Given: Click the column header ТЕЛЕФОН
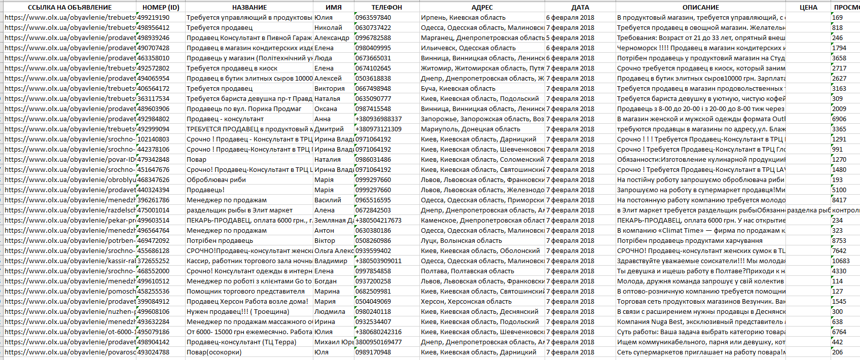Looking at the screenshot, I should [386, 7].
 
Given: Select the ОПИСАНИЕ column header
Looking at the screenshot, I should [700, 7].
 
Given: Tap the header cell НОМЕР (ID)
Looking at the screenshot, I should [161, 7].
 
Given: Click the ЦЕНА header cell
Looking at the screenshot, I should [808, 7].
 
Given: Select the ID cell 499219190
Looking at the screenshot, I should [154, 17].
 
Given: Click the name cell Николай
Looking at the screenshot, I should [328, 27].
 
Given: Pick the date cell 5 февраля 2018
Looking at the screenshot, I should [570, 38].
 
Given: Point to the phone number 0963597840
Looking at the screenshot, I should [373, 17].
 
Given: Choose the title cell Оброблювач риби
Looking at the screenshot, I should [216, 179].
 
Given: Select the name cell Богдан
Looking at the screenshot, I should [326, 281].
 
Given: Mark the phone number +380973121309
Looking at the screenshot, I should [378, 129].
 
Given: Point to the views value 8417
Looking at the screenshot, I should [839, 200].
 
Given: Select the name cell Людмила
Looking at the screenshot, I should [330, 311].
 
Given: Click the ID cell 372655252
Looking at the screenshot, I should [154, 261].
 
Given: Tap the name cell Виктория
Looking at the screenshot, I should [330, 88].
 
